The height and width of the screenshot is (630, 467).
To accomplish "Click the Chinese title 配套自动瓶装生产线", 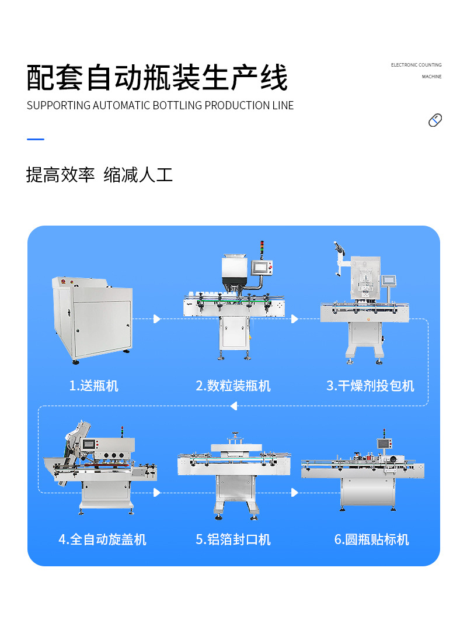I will tap(157, 78).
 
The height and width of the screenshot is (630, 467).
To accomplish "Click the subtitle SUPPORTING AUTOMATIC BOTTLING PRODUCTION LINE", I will tap(160, 106).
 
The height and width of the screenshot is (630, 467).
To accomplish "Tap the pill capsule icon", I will tap(435, 120).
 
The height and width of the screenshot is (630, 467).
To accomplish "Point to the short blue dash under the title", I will tap(36, 139).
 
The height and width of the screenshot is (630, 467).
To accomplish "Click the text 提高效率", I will tap(60, 174).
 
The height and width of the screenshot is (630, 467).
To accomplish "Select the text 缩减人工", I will tap(138, 174).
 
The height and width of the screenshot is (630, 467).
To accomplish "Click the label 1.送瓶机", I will tap(93, 386).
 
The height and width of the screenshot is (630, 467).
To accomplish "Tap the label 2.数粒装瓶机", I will tap(233, 386).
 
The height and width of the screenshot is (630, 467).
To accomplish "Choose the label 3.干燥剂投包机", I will tap(370, 386).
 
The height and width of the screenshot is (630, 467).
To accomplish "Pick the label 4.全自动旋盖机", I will tap(102, 539).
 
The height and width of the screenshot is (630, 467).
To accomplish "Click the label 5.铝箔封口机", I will tap(233, 539).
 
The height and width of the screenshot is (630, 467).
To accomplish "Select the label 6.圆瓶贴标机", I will tap(371, 539).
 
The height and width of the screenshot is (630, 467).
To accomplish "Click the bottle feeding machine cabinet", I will tap(93, 320).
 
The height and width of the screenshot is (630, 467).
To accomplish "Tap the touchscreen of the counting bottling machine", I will tap(262, 267).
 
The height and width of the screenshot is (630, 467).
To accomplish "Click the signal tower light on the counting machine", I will tap(262, 248).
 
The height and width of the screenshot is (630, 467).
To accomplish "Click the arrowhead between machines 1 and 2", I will tap(156, 319).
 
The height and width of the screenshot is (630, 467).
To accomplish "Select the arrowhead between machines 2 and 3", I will tap(295, 319).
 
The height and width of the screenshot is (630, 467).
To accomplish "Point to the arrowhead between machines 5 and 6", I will tap(295, 493).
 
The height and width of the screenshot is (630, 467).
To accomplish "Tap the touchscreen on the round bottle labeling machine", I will tap(384, 444).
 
